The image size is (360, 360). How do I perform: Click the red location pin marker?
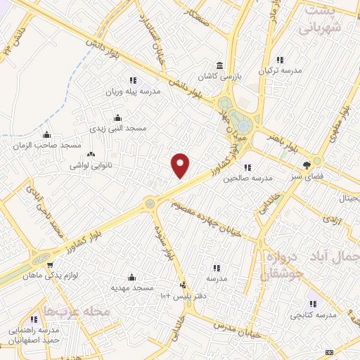[181, 165]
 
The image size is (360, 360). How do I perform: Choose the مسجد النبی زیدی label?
[117, 129]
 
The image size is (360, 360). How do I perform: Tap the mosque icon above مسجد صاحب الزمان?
[47, 134]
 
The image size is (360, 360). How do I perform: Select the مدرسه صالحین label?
[247, 179]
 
